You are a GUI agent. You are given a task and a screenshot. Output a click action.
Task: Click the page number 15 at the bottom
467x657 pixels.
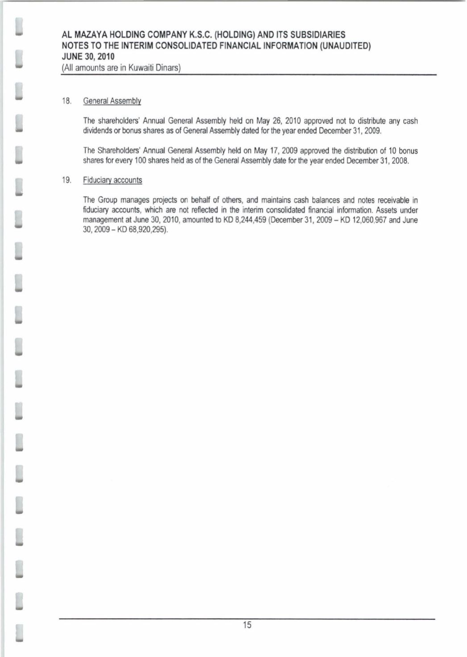[x=247, y=625]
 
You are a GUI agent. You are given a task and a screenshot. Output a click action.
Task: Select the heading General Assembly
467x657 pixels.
[x=112, y=101]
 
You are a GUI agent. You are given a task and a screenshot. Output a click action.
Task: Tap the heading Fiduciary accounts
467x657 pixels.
[x=113, y=180]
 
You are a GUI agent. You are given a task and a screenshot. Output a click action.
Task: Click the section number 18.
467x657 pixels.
[x=67, y=101]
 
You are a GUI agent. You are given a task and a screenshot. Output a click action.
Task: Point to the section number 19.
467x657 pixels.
[x=67, y=180]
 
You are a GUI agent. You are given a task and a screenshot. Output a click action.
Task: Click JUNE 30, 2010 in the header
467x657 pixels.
[x=88, y=57]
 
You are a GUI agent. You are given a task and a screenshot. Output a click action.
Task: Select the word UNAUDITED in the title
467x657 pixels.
[x=344, y=46]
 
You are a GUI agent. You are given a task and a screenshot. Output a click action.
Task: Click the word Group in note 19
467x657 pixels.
[x=108, y=200]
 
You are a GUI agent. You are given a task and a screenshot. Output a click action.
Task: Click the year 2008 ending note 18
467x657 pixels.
[x=400, y=161]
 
